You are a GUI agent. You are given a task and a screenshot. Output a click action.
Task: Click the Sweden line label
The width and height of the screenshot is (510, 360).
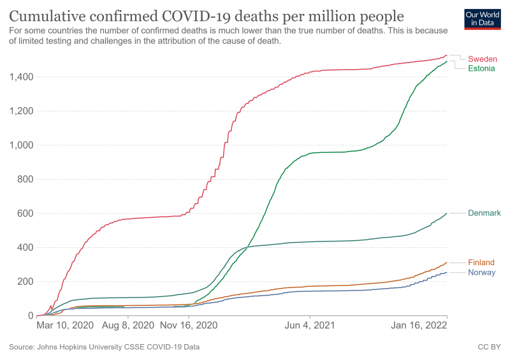[x=482, y=59]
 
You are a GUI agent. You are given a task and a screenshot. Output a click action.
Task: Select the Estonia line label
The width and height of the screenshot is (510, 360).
[x=483, y=68]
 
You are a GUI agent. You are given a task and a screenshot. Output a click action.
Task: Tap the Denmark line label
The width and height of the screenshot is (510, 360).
[x=484, y=213]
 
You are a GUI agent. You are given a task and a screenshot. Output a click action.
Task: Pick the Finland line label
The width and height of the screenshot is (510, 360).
[x=481, y=263]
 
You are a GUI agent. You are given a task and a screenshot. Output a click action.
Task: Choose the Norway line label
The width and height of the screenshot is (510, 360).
[x=481, y=273]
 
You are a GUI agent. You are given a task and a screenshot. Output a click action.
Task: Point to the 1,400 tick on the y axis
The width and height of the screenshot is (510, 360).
[x=22, y=77]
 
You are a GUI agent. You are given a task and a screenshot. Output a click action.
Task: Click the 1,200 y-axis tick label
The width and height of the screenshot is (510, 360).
[x=22, y=112]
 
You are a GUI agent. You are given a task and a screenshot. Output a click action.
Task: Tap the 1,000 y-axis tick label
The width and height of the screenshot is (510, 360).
[x=22, y=145]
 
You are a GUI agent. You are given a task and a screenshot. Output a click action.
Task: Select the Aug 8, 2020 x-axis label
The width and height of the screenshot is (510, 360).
[x=128, y=325]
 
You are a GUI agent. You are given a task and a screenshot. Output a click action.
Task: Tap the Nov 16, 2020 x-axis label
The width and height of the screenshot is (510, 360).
[x=189, y=325]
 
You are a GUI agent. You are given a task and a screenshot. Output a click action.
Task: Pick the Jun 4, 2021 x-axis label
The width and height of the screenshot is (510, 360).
[x=310, y=325]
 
